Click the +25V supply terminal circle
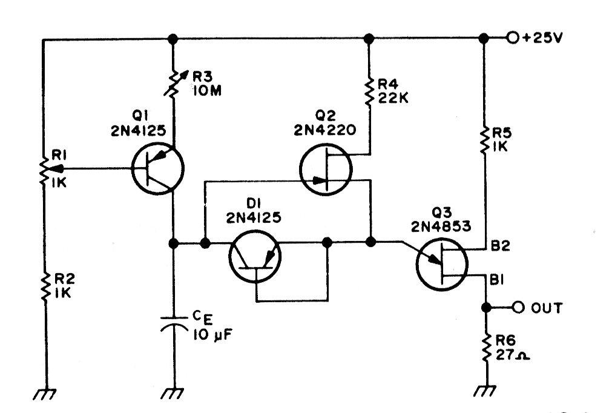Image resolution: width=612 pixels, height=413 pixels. tap(513, 38)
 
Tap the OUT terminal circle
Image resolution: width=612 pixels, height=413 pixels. tap(518, 308)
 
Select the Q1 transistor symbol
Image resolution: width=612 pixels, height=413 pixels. tap(157, 168)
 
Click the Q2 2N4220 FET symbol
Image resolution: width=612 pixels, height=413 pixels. tap(326, 170)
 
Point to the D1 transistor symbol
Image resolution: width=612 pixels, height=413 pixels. tap(255, 257)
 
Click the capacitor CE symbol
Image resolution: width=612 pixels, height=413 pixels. tap(174, 323)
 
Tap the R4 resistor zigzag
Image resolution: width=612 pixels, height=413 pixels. tap(369, 92)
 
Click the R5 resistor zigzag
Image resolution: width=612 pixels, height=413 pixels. tap(484, 140)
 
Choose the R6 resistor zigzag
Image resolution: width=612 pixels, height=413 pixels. tap(486, 348)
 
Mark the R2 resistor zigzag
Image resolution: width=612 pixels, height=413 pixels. tap(45, 286)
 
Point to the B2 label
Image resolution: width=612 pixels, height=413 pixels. tap(500, 246)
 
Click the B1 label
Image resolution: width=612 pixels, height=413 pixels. tap(497, 280)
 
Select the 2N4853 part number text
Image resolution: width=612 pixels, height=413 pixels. tap(441, 226)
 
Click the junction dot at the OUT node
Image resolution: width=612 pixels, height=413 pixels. tap(486, 308)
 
